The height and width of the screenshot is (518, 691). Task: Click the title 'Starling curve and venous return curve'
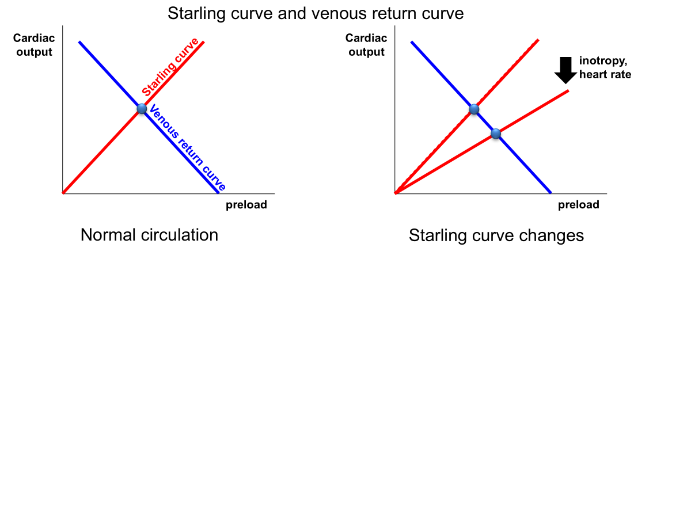(x=316, y=13)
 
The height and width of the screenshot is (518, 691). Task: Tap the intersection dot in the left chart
(x=142, y=109)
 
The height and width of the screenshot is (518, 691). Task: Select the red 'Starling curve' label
(x=170, y=67)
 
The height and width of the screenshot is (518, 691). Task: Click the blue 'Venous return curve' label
(x=187, y=148)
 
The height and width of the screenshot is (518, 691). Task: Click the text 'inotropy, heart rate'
(x=605, y=67)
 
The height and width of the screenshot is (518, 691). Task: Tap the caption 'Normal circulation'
(x=149, y=235)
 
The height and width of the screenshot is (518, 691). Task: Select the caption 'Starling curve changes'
(x=496, y=235)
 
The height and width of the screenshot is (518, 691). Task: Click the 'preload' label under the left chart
(x=246, y=205)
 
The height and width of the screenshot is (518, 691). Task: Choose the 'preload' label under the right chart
(x=578, y=205)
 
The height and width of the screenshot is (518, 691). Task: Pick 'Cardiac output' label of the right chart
(x=366, y=45)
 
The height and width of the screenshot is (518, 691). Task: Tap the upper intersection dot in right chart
(x=474, y=109)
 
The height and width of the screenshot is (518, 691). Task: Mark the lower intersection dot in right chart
(x=496, y=134)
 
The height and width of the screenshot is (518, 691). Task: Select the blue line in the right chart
(x=524, y=164)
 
